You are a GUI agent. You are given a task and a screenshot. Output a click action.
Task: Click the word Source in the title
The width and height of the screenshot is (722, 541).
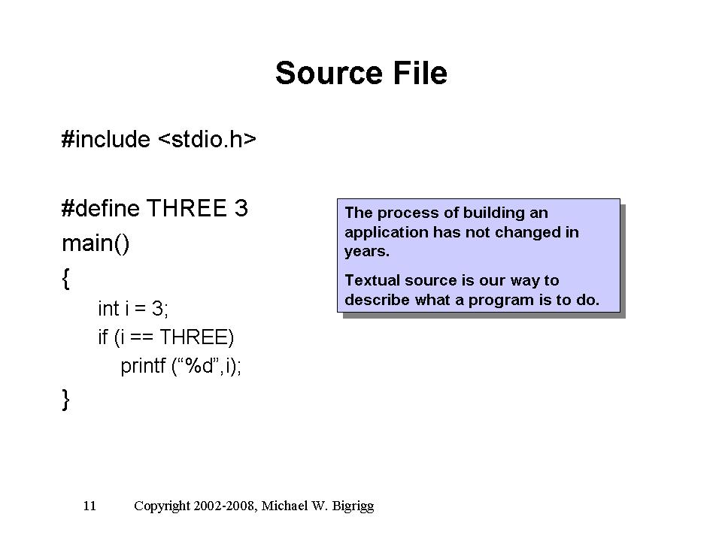(329, 73)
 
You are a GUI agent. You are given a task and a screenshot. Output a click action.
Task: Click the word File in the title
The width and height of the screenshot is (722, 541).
(420, 73)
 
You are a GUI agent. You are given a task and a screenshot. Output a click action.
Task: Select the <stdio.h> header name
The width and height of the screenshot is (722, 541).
(207, 139)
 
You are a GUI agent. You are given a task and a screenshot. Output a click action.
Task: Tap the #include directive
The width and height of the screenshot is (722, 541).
(106, 139)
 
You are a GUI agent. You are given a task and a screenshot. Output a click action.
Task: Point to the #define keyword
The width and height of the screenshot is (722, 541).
(100, 208)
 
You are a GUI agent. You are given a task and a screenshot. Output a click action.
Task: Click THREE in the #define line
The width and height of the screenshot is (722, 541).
(187, 208)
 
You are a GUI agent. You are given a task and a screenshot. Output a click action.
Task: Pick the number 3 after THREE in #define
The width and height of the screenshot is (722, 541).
(241, 208)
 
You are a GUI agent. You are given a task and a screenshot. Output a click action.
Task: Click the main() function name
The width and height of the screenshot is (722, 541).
(96, 243)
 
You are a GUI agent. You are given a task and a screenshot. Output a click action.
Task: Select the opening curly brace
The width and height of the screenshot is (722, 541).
(66, 278)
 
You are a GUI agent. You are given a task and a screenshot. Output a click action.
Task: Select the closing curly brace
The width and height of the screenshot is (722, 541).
(66, 399)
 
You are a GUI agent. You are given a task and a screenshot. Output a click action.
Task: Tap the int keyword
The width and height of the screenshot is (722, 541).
(108, 309)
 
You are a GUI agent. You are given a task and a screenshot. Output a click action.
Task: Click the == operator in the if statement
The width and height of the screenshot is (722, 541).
(142, 337)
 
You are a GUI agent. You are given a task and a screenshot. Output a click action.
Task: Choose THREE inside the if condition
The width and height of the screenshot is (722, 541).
(193, 337)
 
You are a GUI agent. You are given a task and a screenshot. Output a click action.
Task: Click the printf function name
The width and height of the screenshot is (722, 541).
(143, 367)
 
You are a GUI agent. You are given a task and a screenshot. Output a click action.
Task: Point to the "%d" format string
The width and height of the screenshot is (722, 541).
(199, 366)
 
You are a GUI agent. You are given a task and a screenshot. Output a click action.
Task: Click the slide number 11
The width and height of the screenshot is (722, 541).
(89, 506)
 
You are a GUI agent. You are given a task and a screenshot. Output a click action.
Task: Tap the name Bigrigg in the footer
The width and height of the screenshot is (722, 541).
(353, 506)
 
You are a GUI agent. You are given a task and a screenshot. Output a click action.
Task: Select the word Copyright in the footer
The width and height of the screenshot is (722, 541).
(162, 506)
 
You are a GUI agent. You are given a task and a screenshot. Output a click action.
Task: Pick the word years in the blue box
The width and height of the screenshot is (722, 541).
(367, 252)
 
